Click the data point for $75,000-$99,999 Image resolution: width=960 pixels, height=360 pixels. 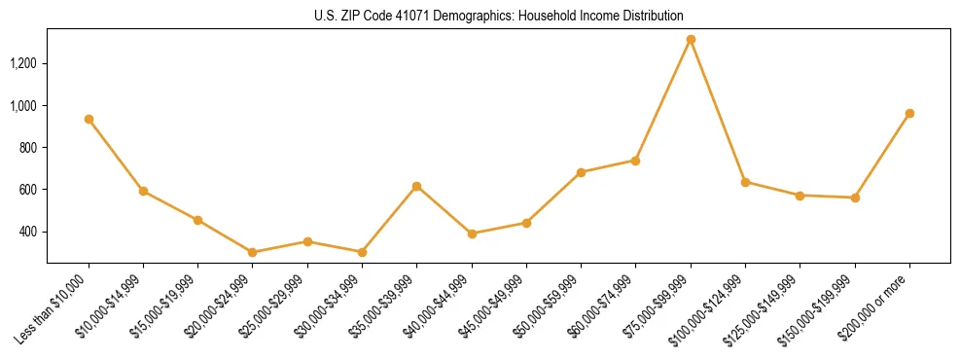(691, 40)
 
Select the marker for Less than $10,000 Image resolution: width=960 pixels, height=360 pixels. (89, 119)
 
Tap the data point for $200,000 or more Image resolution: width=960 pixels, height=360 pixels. (909, 113)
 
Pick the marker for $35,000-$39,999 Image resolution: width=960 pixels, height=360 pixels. (416, 186)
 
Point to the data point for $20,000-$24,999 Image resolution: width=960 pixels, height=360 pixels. (253, 252)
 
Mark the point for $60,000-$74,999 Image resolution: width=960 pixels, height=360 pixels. (635, 161)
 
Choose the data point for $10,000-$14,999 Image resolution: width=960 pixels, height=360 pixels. (143, 191)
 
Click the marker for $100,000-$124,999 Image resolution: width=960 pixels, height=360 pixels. (745, 182)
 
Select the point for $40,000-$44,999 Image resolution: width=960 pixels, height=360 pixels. (472, 234)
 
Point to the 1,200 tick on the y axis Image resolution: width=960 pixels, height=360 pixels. (23, 63)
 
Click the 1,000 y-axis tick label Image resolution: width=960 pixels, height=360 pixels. (23, 105)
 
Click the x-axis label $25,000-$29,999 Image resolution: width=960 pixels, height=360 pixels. (278, 305)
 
